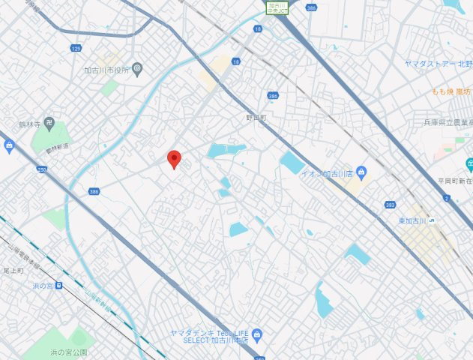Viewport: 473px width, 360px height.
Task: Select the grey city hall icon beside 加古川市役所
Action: click(137, 69)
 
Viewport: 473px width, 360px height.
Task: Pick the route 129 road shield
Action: click(76, 48)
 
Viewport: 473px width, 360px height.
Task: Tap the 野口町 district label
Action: click(256, 118)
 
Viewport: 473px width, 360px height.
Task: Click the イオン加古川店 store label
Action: click(327, 174)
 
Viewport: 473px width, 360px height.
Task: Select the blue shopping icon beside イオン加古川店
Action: click(361, 173)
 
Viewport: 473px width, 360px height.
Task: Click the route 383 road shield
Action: click(390, 204)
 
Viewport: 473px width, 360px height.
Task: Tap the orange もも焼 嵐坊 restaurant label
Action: click(452, 91)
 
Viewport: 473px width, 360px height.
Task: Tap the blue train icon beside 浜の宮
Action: click(58, 285)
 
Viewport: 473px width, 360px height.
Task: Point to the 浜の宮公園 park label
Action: click(69, 352)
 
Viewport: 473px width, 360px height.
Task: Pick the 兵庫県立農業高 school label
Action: click(448, 122)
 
